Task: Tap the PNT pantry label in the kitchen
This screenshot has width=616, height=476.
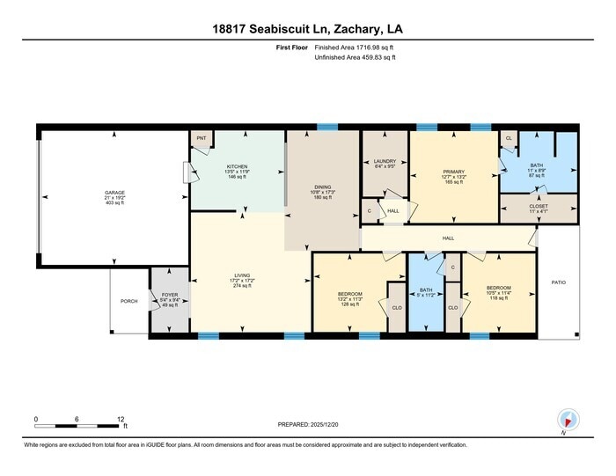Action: click(201, 138)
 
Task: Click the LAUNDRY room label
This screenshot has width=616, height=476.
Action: click(385, 161)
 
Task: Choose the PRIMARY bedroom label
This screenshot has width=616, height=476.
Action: click(453, 172)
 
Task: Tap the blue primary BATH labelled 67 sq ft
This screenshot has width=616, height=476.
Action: click(536, 165)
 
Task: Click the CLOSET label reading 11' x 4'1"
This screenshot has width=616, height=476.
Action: click(538, 206)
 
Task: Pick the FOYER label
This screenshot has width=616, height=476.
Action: click(169, 295)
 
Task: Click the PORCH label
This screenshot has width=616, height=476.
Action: click(128, 301)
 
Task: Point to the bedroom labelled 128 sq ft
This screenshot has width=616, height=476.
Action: click(350, 295)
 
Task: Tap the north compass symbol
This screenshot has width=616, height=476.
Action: click(566, 419)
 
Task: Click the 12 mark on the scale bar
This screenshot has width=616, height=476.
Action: click(121, 418)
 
